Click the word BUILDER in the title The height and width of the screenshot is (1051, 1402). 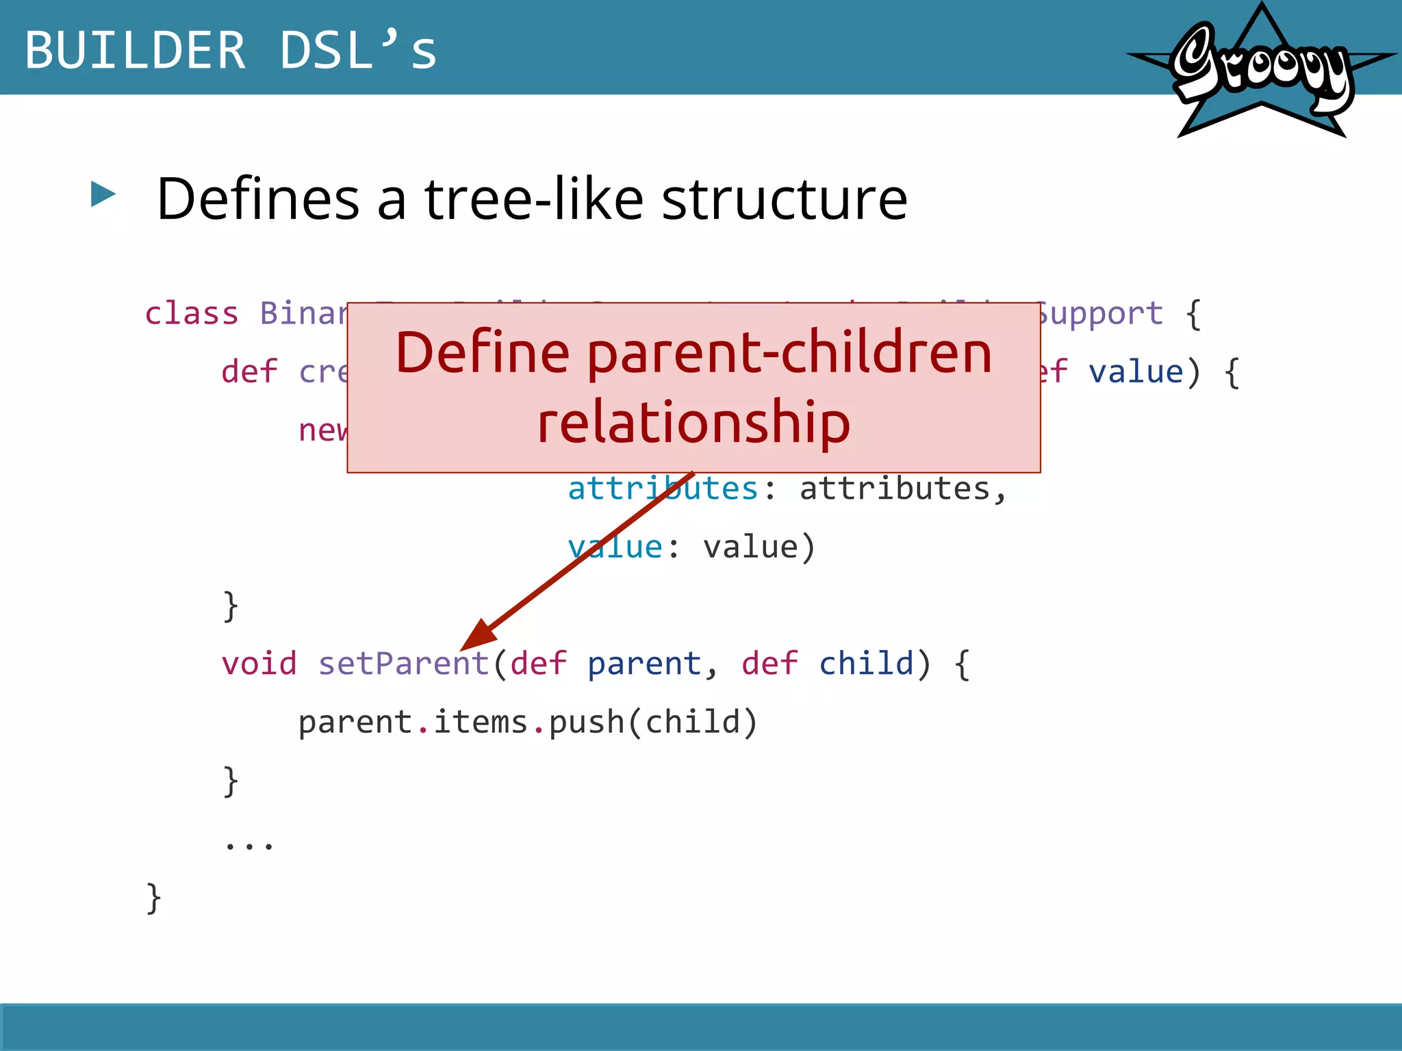tap(135, 51)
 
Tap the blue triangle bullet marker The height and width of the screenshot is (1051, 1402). tap(103, 194)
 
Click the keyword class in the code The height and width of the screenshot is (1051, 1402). tap(191, 314)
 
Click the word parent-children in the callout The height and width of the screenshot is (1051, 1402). tap(789, 354)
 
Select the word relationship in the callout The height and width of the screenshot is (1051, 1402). tap(693, 423)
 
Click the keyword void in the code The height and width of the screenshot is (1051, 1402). tap(259, 664)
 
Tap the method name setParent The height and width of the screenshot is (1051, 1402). tap(403, 664)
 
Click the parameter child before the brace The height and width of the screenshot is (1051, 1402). tap(866, 664)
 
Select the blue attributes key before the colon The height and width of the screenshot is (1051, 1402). tap(662, 489)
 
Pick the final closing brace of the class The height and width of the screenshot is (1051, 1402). tap(154, 898)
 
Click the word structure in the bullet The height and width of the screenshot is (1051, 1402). tap(785, 199)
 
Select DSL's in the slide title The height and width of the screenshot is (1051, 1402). tap(358, 51)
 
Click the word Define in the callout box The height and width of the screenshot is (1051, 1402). tap(482, 354)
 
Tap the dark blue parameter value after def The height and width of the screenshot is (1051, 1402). tap(1136, 373)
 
